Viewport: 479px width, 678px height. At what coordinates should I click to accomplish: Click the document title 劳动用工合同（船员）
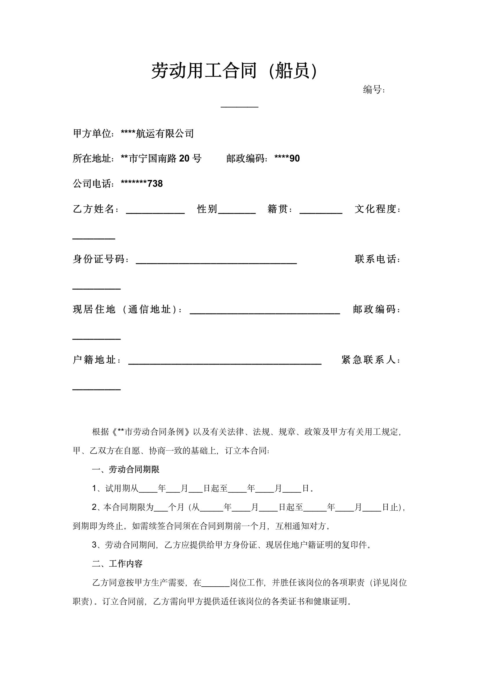point(235,71)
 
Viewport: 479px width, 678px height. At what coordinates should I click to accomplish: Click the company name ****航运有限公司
point(157,134)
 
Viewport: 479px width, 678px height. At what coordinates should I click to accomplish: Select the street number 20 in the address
point(184,159)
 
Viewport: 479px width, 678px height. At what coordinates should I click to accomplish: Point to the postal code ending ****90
point(287,159)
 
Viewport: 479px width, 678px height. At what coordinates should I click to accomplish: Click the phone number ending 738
point(142,184)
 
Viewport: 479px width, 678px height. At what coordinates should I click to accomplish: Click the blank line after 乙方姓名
point(155,211)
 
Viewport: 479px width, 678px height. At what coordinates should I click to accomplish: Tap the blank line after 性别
point(237,211)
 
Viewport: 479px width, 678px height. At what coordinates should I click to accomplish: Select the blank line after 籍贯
point(321,211)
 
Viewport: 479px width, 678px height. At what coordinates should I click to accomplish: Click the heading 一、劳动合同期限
point(126,469)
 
